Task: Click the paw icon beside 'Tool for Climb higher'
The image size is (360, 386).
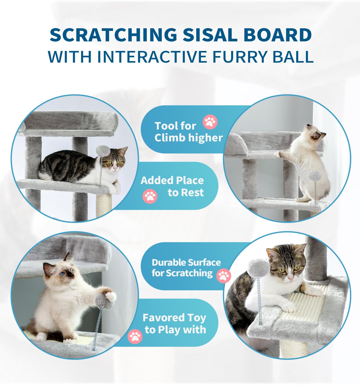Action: (210, 122)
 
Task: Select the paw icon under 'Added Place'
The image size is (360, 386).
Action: (150, 196)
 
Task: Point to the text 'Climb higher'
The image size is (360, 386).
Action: (188, 138)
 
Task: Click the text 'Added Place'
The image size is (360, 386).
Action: (172, 180)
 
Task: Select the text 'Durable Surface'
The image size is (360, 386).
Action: (186, 262)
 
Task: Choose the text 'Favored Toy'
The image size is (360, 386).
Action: (174, 318)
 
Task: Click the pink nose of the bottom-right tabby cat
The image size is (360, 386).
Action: (290, 278)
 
